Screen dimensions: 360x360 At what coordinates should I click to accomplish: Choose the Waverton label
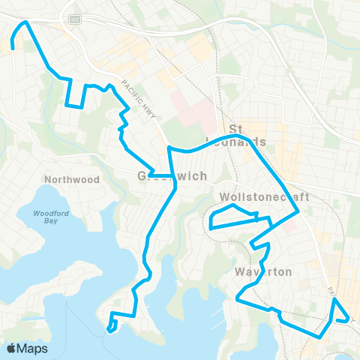pos(262,271)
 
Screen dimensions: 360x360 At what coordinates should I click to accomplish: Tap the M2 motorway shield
pos(75,19)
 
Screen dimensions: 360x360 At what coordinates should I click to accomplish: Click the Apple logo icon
pos(12,349)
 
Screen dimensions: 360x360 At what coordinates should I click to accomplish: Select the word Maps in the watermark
pos(34,349)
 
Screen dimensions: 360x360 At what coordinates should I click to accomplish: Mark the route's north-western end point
pos(13,49)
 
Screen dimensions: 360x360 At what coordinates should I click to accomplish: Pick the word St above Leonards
pos(238,128)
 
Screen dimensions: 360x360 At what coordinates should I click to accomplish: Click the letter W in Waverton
pos(239,271)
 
